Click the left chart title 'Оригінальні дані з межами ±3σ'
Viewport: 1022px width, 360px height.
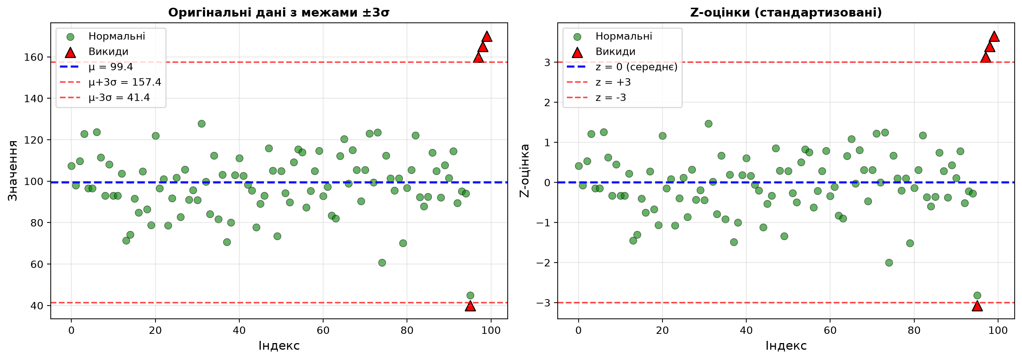(x=279, y=12)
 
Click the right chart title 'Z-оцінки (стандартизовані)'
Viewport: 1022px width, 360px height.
(x=786, y=12)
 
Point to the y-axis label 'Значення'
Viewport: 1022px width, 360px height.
(x=13, y=171)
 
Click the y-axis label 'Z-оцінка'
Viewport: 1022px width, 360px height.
(x=525, y=171)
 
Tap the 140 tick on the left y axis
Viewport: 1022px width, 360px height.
(x=33, y=99)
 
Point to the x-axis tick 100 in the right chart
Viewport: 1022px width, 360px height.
(x=998, y=330)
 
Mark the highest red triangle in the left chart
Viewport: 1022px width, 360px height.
(x=487, y=37)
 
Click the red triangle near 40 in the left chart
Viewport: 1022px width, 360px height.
(x=470, y=306)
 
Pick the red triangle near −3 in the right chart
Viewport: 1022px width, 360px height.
(x=977, y=306)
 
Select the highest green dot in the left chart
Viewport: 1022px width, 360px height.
(x=201, y=124)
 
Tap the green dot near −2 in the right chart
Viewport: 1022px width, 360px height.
(x=889, y=263)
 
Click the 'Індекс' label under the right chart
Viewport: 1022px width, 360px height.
(x=786, y=346)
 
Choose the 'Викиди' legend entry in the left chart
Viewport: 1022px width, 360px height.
(x=108, y=51)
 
